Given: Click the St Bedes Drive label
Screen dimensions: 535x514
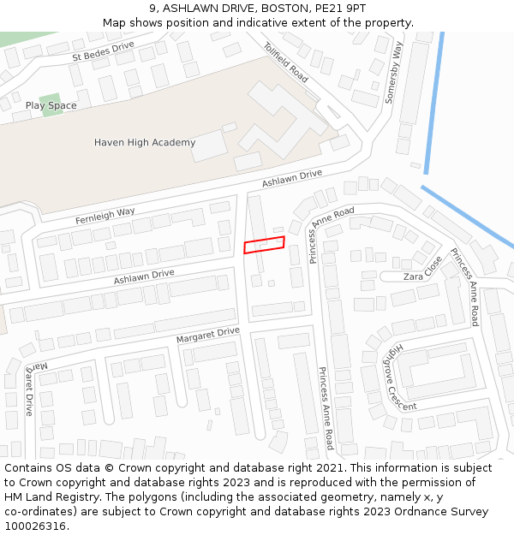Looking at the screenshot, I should (103, 51).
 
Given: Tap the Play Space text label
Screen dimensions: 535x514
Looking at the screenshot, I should (51, 105).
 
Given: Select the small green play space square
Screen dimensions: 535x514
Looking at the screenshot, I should (51, 104).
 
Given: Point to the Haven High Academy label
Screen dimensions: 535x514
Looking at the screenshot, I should (145, 142).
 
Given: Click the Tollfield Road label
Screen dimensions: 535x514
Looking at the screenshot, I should (285, 62).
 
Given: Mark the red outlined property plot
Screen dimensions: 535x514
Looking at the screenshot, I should (264, 245).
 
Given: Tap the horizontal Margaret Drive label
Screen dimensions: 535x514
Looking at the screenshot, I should (208, 335).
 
